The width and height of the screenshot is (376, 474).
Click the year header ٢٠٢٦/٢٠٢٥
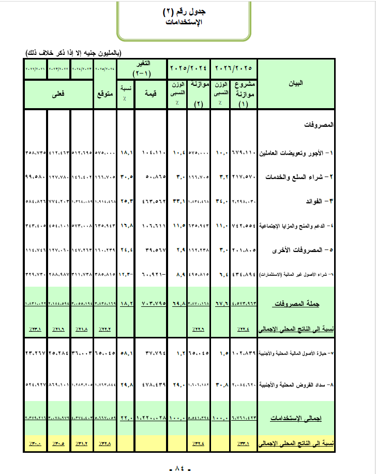click(234, 67)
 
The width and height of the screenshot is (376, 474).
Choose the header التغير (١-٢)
click(141, 68)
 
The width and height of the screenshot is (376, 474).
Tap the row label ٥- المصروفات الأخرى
click(299, 250)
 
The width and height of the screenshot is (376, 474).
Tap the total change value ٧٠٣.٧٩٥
click(153, 304)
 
